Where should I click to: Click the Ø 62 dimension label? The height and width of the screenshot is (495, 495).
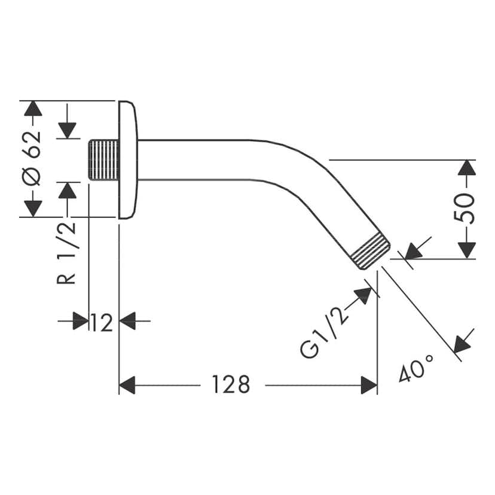coord(33,158)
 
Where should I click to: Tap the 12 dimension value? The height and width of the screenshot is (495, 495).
coord(102,322)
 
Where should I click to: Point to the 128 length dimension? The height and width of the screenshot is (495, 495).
coord(230,386)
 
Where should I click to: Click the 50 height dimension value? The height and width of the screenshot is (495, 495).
coord(467,208)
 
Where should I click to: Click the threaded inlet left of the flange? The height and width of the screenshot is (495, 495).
coord(103,160)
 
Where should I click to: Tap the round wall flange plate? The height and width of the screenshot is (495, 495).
coord(128,160)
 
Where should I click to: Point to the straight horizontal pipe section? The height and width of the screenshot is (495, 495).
coord(203,160)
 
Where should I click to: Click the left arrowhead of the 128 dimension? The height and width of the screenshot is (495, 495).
coord(128,386)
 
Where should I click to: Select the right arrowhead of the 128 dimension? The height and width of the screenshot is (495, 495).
coord(369,386)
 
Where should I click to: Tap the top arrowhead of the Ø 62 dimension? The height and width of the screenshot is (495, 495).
coord(33,109)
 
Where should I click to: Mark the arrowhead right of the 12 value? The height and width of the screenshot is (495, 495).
coord(128,321)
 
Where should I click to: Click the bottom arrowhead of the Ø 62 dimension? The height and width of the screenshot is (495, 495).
coord(33,207)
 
